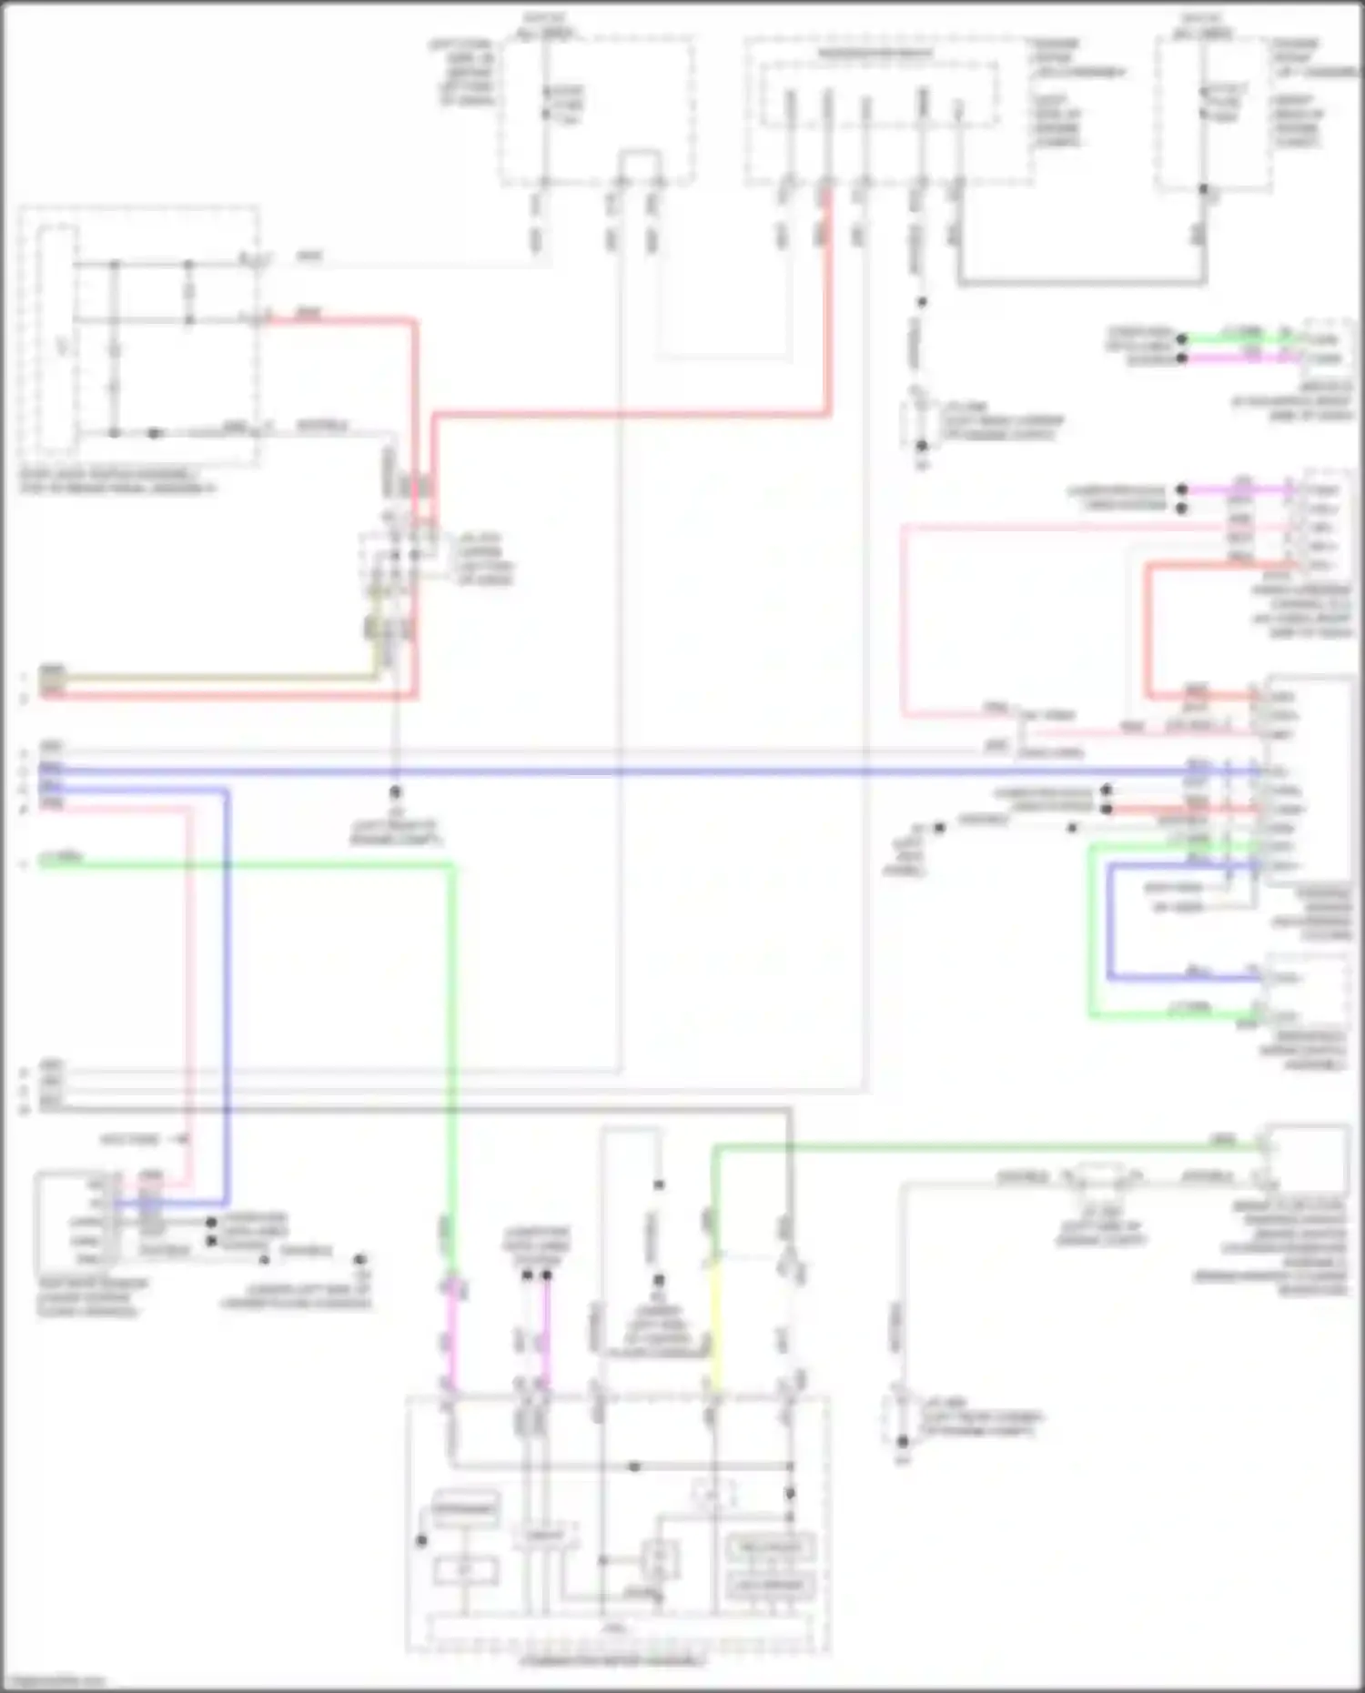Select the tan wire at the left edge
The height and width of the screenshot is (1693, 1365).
pyautogui.click(x=209, y=678)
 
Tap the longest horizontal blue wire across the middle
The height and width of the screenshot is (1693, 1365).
pyautogui.click(x=637, y=771)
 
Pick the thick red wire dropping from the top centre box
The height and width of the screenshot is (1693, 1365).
pyautogui.click(x=828, y=300)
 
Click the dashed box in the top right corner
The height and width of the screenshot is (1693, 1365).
pyautogui.click(x=1215, y=114)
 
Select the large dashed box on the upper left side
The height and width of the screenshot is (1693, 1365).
pyautogui.click(x=138, y=337)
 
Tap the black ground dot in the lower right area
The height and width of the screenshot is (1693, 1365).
pyautogui.click(x=903, y=1442)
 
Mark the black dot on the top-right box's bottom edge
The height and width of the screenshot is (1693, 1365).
pyautogui.click(x=1203, y=190)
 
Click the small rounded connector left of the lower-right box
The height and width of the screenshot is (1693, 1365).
pyautogui.click(x=1101, y=1177)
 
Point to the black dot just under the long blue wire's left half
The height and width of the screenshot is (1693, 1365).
pyautogui.click(x=395, y=792)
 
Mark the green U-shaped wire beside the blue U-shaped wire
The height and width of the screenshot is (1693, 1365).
pyautogui.click(x=1092, y=937)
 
